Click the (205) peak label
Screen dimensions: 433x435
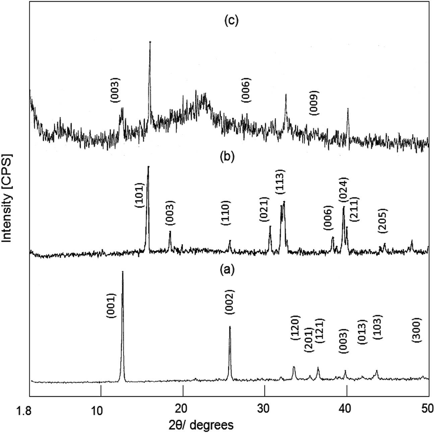click(x=383, y=221)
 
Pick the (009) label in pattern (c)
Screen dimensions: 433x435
click(x=314, y=103)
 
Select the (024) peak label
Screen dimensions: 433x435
click(x=344, y=190)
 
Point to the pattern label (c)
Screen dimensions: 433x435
click(x=231, y=21)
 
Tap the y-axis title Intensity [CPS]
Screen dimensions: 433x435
click(x=7, y=198)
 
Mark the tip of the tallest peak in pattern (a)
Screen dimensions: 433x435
click(x=123, y=272)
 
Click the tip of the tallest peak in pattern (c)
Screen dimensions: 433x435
click(x=150, y=42)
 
